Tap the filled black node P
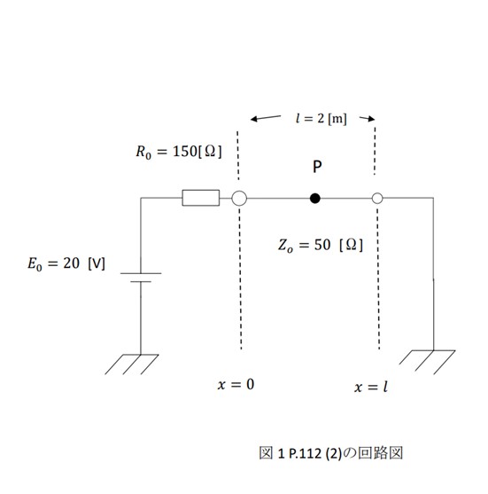[315, 198]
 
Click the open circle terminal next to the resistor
[239, 191]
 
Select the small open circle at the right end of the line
[377, 193]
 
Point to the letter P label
[317, 167]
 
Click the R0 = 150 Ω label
[179, 152]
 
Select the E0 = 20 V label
[66, 263]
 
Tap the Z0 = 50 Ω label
[321, 245]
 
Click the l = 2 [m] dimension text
[321, 119]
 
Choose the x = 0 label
[236, 384]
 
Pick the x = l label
[370, 387]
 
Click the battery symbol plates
[141, 278]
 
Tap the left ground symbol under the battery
[132, 365]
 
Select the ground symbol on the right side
[427, 362]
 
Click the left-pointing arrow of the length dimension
[266, 118]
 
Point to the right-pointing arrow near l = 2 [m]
[368, 119]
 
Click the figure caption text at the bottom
[330, 453]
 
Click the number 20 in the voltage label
[71, 263]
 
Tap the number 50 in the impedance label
[322, 245]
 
